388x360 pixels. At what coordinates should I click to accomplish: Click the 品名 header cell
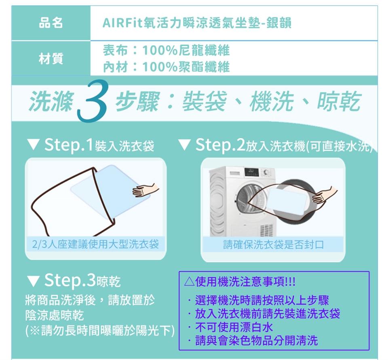51,23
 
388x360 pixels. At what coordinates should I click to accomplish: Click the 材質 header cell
51,59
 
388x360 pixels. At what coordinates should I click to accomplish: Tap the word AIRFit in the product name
122,23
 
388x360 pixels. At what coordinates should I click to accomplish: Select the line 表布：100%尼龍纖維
166,51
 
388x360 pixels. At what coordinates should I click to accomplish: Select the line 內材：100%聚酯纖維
166,67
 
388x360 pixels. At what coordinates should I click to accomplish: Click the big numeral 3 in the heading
93,101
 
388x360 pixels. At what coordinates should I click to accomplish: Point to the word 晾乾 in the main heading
339,101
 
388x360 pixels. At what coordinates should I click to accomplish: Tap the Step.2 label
220,145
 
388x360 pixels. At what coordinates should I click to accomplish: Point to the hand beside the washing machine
325,194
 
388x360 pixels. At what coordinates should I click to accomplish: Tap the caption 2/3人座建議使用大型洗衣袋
95,244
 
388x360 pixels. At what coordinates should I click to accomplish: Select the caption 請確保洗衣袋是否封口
274,244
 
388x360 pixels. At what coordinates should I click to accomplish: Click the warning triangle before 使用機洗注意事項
189,282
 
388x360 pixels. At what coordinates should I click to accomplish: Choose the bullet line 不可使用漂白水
234,327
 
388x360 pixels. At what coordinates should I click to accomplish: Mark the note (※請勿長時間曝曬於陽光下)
100,331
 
